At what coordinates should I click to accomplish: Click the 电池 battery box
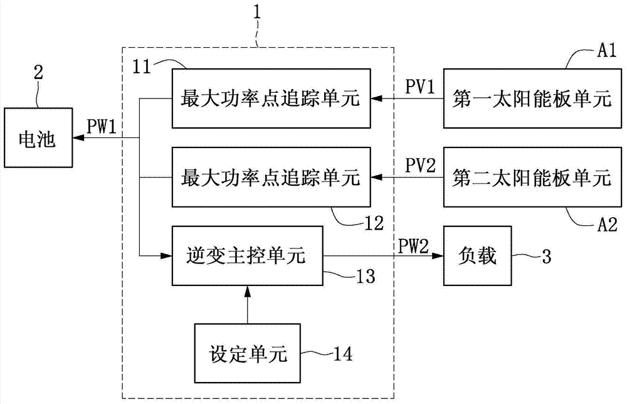(38, 138)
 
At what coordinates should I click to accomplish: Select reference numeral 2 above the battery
(39, 73)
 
